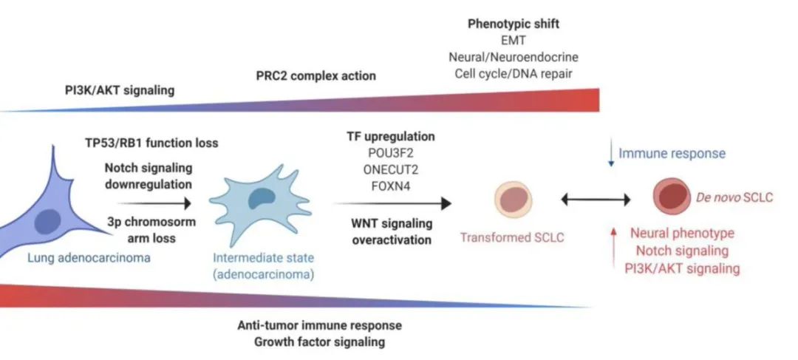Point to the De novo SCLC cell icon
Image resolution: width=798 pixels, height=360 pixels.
(x=672, y=198)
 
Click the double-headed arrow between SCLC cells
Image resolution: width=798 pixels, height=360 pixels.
(x=596, y=199)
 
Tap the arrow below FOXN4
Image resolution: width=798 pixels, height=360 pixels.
(x=392, y=202)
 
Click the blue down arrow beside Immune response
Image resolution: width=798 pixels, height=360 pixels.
(x=610, y=154)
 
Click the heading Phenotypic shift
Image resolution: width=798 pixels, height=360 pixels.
(x=514, y=24)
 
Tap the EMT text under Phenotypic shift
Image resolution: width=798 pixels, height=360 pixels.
(x=514, y=41)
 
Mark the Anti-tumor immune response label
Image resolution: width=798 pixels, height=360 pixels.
(x=320, y=325)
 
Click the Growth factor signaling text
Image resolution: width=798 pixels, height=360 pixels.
(x=320, y=342)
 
